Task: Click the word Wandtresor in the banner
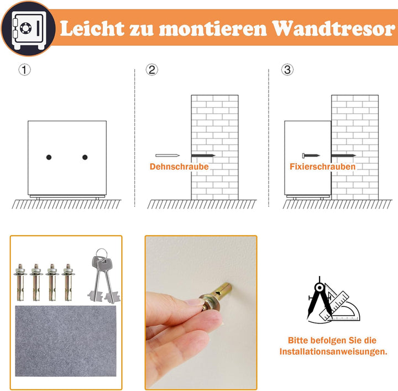tap(334, 28)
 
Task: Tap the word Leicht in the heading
tap(92, 28)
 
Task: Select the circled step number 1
tap(25, 70)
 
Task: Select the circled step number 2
tap(152, 70)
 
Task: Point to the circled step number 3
tap(287, 70)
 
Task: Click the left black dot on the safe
tap(49, 158)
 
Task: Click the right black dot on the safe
tap(85, 158)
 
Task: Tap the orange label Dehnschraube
tap(179, 166)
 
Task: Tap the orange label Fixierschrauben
tap(323, 166)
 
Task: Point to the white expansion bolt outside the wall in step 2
tap(167, 155)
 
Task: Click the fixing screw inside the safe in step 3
tap(311, 155)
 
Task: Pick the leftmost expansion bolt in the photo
tap(20, 282)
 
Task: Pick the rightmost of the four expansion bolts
tap(68, 282)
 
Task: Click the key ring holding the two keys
tap(102, 253)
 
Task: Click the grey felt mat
tap(66, 341)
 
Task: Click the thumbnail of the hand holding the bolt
tap(201, 312)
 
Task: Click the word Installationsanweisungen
tap(333, 352)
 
